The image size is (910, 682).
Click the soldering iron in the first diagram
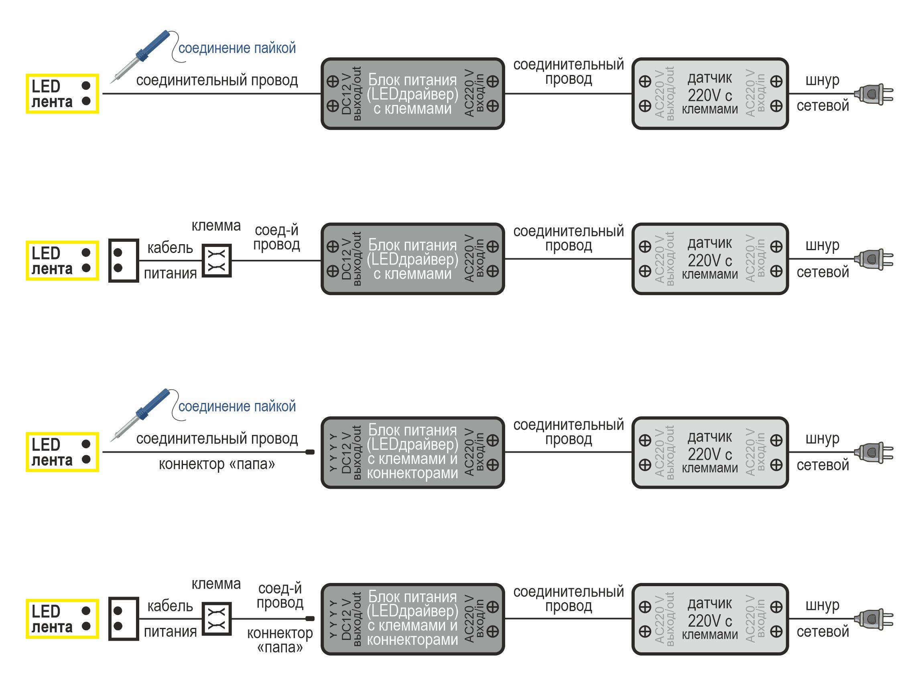[140, 56]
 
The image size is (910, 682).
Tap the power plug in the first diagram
[873, 94]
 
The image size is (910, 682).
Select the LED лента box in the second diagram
[62, 261]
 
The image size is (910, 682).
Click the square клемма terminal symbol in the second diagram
[217, 261]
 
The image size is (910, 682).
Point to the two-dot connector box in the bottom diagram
[124, 619]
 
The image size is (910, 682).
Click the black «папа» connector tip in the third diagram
[310, 452]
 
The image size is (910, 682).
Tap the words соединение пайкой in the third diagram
[237, 406]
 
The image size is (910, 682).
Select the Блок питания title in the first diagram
[412, 80]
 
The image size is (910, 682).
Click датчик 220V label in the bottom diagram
[710, 612]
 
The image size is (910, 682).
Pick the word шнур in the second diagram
[823, 245]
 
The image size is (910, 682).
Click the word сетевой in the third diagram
[823, 465]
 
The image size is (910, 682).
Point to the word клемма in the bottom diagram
[216, 584]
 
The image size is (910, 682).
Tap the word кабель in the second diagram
[170, 247]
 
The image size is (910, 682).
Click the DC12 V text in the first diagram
[346, 94]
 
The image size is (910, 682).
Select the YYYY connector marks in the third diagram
[333, 452]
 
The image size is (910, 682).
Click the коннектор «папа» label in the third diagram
[217, 464]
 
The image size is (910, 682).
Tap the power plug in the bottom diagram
[873, 619]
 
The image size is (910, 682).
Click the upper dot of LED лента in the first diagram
[86, 85]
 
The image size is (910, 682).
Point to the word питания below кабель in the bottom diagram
[170, 632]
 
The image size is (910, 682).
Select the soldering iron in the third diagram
[140, 415]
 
